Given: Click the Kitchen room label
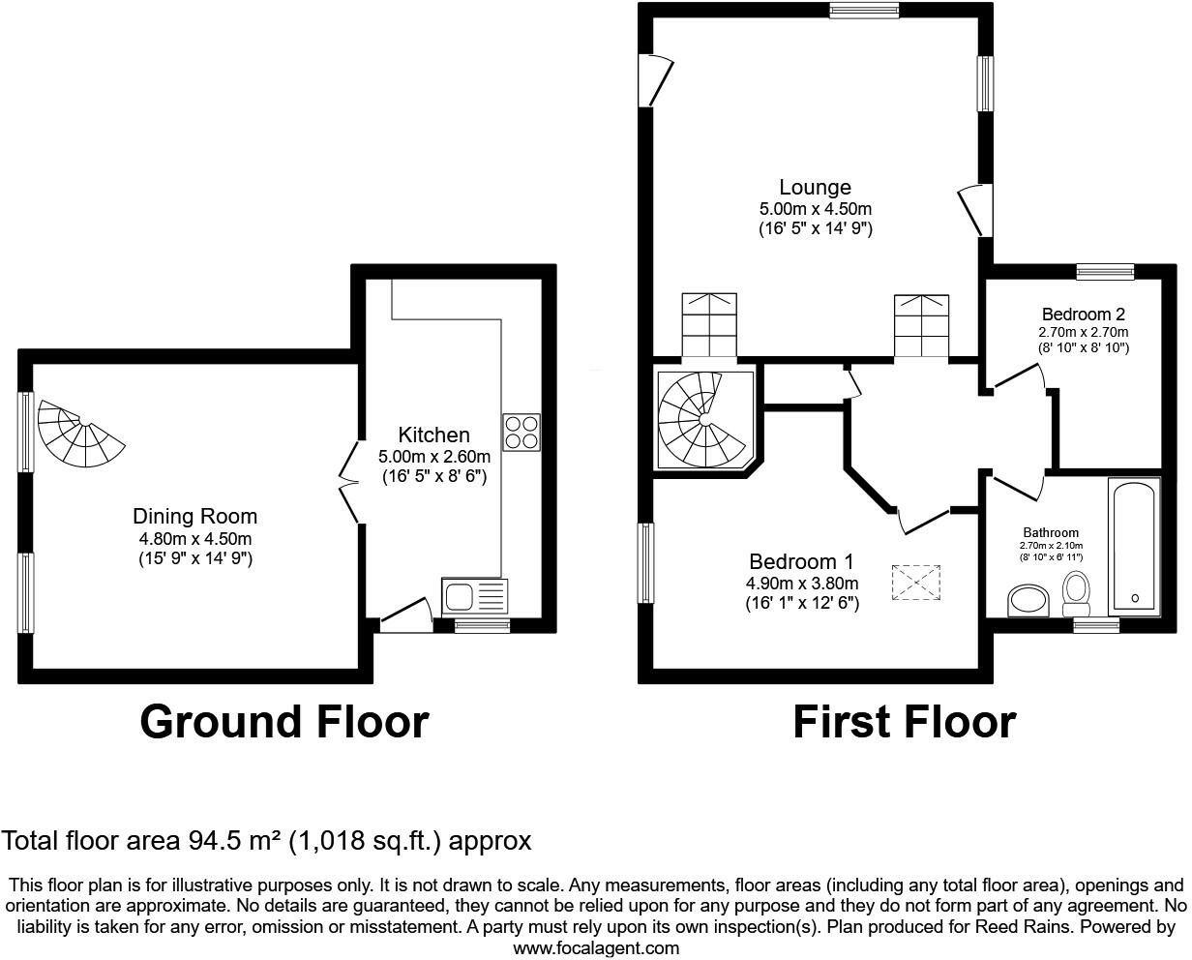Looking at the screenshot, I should [433, 435].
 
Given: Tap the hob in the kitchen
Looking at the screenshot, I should [521, 432].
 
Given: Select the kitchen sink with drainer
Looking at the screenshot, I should [474, 596].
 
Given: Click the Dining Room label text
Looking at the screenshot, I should [194, 517].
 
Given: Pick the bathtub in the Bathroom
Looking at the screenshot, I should [1134, 547].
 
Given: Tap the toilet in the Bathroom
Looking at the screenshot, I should [1076, 592].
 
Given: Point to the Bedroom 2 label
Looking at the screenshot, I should [1083, 315].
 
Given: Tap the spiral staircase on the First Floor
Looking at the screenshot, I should [701, 419].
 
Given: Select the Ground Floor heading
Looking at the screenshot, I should [283, 722].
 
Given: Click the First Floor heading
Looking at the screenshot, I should [904, 722].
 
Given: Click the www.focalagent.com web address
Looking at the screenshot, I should [595, 948].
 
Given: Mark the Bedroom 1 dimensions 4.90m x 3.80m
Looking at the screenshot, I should [801, 584].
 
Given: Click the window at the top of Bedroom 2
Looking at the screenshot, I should [1104, 271].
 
